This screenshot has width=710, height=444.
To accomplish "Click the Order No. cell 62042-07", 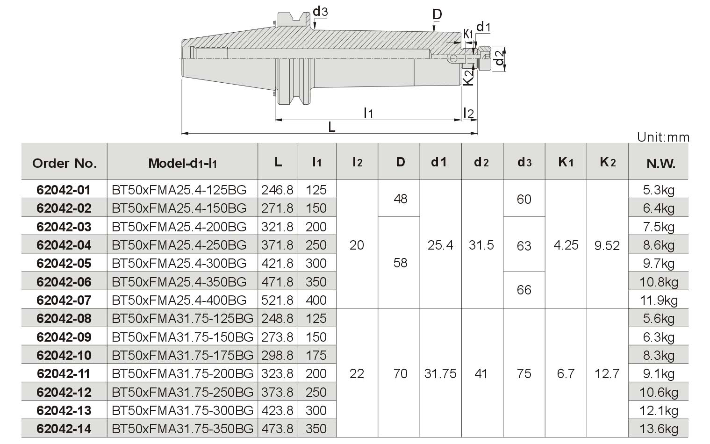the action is click(x=64, y=300).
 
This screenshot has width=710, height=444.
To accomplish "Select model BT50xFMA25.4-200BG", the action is click(x=179, y=227).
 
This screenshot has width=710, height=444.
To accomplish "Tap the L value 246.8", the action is click(x=277, y=190).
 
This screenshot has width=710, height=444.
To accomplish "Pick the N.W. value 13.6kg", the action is click(x=659, y=429).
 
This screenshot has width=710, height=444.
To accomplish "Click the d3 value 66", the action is click(x=524, y=290).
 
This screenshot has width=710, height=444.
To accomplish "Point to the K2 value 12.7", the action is click(x=607, y=373).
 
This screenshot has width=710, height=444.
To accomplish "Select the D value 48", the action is click(x=400, y=199).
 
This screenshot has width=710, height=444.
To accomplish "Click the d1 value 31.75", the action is click(x=440, y=373).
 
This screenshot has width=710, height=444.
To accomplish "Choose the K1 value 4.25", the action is click(x=566, y=245).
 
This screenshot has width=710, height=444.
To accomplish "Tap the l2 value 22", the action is click(x=357, y=373).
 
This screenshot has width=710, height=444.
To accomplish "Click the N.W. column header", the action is click(x=661, y=164).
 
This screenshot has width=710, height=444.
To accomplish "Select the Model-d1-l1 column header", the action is click(x=183, y=163).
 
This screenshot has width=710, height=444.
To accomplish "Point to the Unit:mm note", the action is click(x=663, y=137).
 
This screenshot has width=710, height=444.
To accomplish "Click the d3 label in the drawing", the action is click(x=320, y=12).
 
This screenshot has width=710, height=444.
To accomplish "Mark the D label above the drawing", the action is click(x=437, y=14).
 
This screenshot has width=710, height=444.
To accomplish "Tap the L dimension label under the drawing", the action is click(x=331, y=127).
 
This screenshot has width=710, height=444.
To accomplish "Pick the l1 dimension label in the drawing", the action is click(x=368, y=113).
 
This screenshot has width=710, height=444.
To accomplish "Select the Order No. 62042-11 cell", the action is click(x=64, y=373).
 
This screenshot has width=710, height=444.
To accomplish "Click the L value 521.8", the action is click(x=277, y=300).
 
